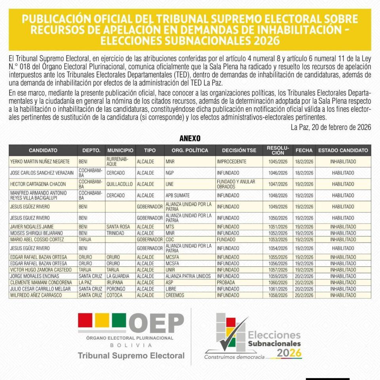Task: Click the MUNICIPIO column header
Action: [x=120, y=150]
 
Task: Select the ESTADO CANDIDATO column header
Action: [x=343, y=150]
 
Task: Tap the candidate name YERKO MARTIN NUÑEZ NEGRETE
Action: [x=40, y=161]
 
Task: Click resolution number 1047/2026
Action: [x=278, y=184]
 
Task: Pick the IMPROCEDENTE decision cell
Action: [x=232, y=161]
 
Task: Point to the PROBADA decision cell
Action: [x=226, y=283]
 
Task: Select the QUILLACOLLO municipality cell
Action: [x=120, y=184]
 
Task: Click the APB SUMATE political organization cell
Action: [x=178, y=196]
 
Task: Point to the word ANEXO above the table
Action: [x=190, y=139]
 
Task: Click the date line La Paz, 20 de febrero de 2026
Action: [x=331, y=127]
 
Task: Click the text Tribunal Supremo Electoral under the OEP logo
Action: [x=131, y=355]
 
